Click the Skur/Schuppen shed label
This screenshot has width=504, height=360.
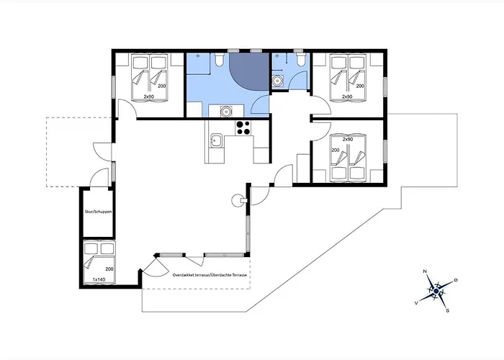point(98,212)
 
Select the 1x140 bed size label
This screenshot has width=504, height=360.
point(99,279)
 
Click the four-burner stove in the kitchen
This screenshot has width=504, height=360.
point(243,127)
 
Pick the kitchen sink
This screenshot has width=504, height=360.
point(215,140)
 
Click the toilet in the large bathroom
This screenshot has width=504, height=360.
point(220,59)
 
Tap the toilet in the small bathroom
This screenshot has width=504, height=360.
point(301,59)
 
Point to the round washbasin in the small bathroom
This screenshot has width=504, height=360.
point(276,81)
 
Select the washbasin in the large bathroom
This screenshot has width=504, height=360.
point(226,111)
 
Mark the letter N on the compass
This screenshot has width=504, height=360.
point(425,271)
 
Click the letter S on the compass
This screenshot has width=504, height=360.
point(447,311)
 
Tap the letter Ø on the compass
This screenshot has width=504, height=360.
point(456,280)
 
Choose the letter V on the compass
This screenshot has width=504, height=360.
point(417,303)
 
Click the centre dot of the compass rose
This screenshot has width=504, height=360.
point(436,291)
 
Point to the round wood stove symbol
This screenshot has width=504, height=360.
point(237,200)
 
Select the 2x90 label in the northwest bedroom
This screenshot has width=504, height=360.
point(149,96)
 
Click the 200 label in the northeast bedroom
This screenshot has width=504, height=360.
point(360,86)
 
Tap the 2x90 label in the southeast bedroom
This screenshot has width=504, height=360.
point(348,140)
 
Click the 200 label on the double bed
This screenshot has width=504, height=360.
point(109,269)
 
